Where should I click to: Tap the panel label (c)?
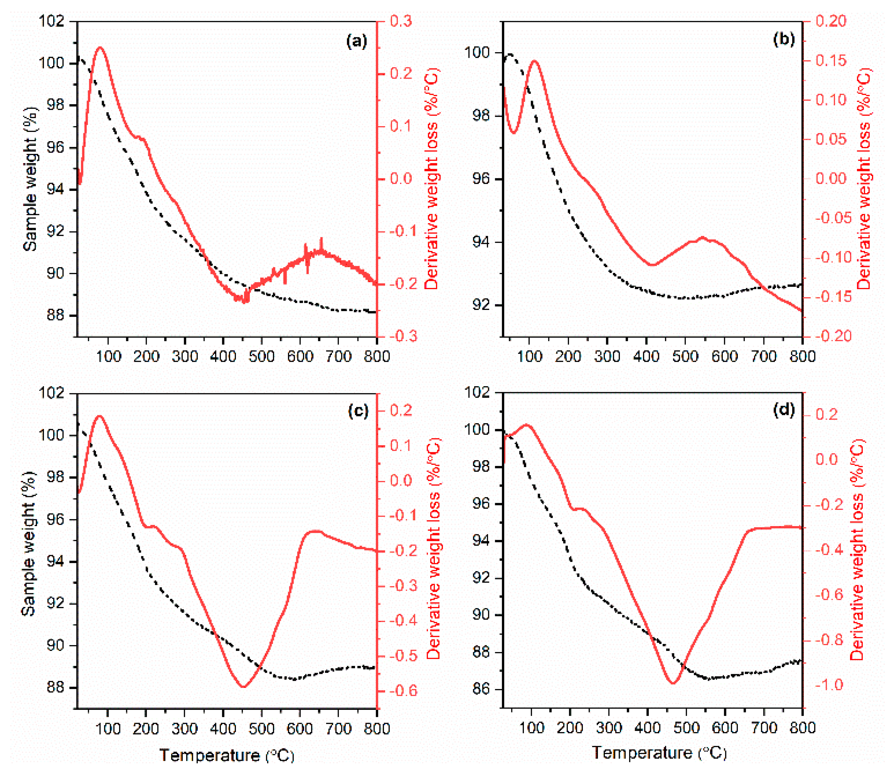click(x=358, y=411)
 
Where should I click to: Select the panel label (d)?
click(x=783, y=409)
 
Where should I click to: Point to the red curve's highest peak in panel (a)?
click(x=100, y=47)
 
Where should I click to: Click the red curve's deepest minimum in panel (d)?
click(x=673, y=683)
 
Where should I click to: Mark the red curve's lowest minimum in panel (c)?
click(x=243, y=686)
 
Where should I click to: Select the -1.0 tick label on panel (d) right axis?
click(x=829, y=685)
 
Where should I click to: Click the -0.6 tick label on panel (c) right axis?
click(x=404, y=690)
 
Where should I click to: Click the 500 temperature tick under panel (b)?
click(x=685, y=356)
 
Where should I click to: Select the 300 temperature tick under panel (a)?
click(x=185, y=356)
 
